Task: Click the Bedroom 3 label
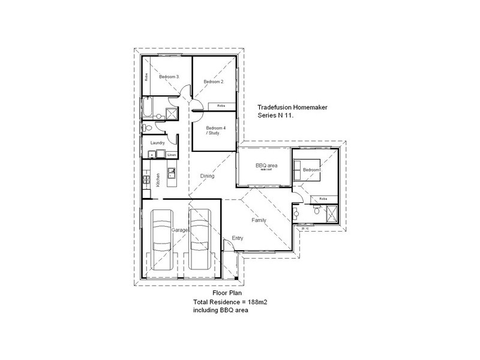167,77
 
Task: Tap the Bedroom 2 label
213,82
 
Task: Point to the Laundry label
158,143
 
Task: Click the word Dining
207,176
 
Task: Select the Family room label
259,220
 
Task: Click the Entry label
238,238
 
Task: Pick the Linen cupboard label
171,155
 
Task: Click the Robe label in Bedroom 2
221,106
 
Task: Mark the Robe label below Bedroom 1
323,198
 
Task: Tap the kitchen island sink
172,175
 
